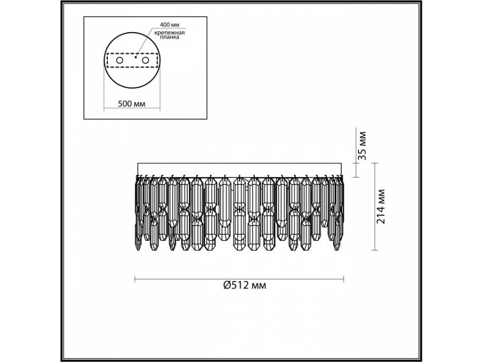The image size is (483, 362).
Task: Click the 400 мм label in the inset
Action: (x=170, y=24)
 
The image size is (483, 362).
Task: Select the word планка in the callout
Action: (x=170, y=37)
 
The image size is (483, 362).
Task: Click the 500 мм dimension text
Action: (x=131, y=104)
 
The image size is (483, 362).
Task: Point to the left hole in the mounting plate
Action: (x=120, y=60)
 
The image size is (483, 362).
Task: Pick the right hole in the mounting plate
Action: (x=145, y=60)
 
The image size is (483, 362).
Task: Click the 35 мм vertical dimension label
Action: (x=363, y=145)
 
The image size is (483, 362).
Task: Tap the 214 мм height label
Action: (x=382, y=206)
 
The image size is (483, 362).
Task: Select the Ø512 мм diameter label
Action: (x=245, y=285)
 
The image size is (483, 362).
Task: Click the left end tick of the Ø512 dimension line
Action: (x=135, y=279)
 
